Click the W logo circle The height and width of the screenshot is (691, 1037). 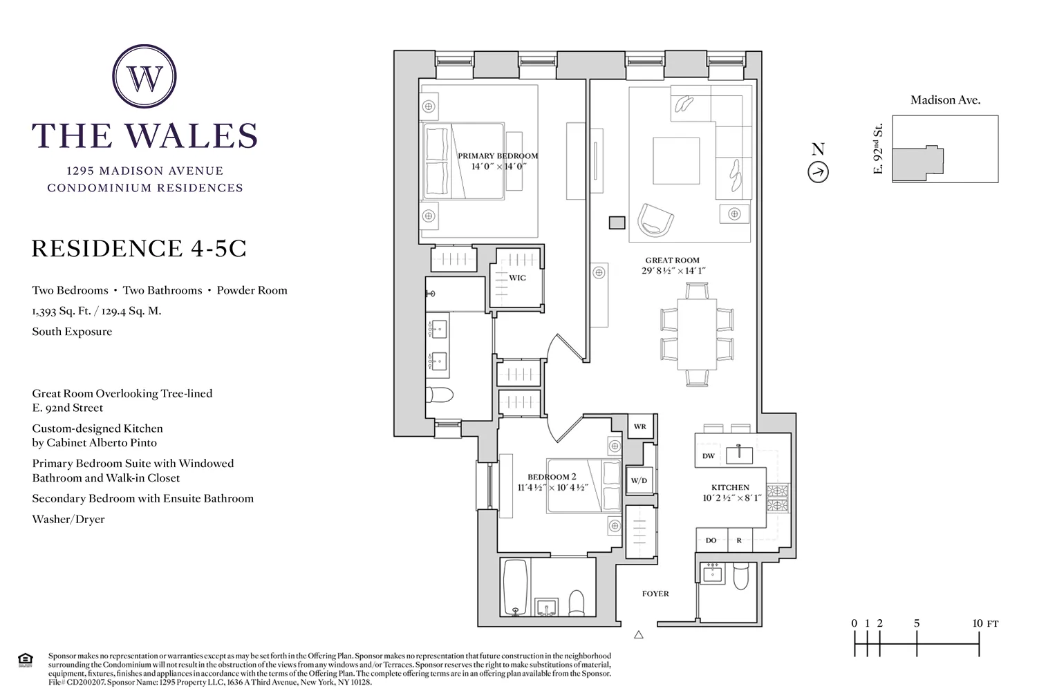point(144,77)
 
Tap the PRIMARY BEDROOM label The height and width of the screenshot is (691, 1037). point(498,156)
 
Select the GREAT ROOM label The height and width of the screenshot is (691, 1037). point(672,261)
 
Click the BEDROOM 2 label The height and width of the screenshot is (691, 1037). point(552,477)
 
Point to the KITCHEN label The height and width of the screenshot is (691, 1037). point(730,487)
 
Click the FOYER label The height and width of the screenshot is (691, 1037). point(655,594)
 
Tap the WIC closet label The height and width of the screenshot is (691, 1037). point(517,278)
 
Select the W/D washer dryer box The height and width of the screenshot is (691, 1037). point(639,480)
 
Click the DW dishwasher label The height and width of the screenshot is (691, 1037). point(708,456)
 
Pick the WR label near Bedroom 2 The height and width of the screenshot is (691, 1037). point(639,427)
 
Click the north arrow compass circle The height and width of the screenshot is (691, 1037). point(819,172)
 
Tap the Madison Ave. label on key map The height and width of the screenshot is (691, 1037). point(945,100)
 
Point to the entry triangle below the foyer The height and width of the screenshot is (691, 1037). point(639,634)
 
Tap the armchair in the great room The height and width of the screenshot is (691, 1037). point(655,219)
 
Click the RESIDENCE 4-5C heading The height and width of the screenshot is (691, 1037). point(139,249)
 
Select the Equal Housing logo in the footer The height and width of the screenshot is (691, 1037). point(25,661)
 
